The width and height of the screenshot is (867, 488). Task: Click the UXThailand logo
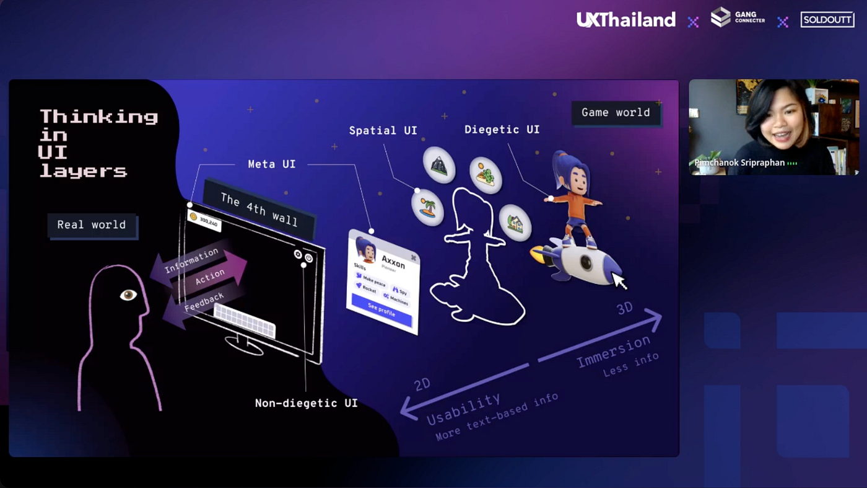[x=625, y=20]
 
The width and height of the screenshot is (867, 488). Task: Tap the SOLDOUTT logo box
[x=827, y=20]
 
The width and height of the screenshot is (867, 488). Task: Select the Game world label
[x=615, y=113]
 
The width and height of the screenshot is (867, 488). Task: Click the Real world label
[x=92, y=225]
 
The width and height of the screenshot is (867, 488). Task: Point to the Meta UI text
[x=271, y=164]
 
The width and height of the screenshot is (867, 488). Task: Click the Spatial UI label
[x=383, y=131]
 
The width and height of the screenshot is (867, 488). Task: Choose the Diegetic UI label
[x=502, y=130]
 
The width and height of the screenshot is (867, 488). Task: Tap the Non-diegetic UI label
[x=306, y=403]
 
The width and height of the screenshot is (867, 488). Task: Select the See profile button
[x=381, y=309]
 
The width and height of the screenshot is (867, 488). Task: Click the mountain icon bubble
[x=439, y=164]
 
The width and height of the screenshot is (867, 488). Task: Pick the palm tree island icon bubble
[x=428, y=207]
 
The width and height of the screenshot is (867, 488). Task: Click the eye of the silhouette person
[x=128, y=295]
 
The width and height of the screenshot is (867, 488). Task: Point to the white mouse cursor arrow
[x=619, y=281]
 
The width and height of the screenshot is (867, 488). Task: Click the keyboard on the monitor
[x=244, y=320]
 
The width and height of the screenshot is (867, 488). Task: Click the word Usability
[x=463, y=409]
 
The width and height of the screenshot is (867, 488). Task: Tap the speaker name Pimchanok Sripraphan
[x=739, y=163]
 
